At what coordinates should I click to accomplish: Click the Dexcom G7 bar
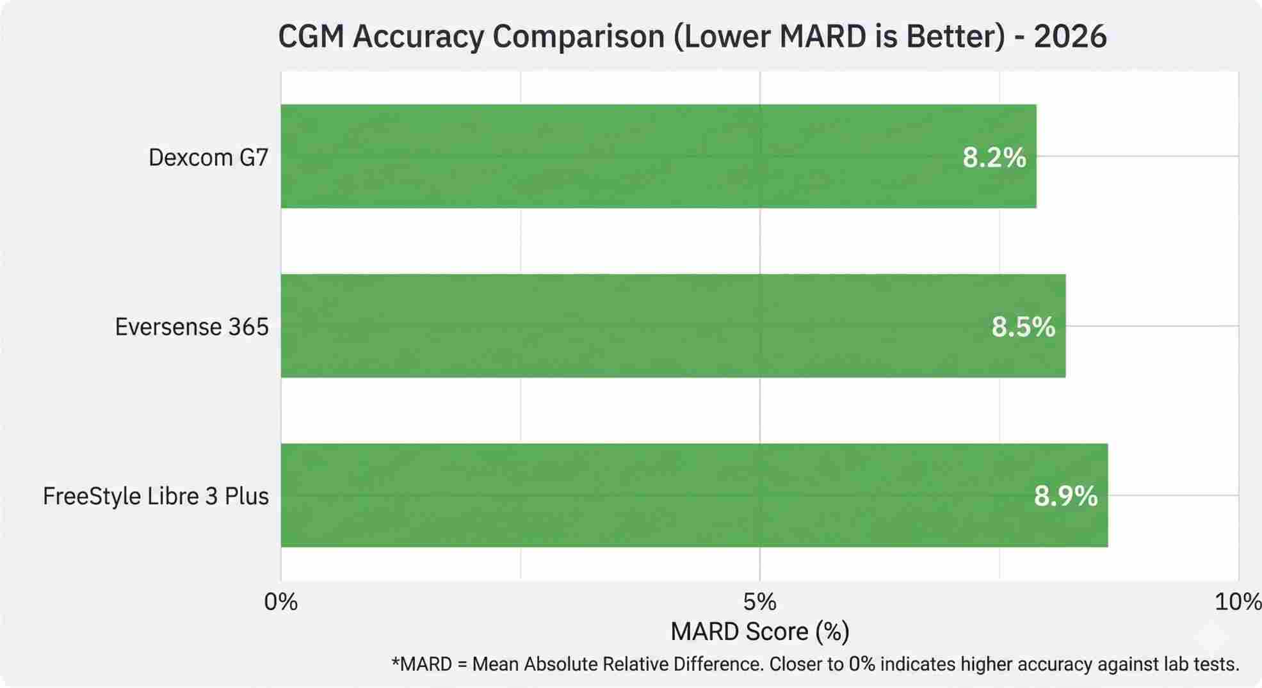pyautogui.click(x=658, y=156)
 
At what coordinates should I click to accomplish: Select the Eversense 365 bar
pyautogui.click(x=672, y=326)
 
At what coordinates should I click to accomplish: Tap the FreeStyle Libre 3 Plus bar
pyautogui.click(x=694, y=495)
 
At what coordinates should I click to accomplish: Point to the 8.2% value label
pyautogui.click(x=994, y=157)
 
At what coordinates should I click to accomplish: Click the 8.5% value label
pyautogui.click(x=1023, y=327)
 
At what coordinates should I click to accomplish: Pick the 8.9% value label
pyautogui.click(x=1065, y=496)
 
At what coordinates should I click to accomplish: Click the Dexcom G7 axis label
pyautogui.click(x=208, y=157)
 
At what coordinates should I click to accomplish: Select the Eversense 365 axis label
pyautogui.click(x=191, y=327)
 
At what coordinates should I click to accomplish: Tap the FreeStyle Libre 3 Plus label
pyautogui.click(x=156, y=496)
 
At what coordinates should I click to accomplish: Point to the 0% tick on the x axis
pyautogui.click(x=280, y=602)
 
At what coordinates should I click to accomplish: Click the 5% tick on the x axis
pyautogui.click(x=759, y=602)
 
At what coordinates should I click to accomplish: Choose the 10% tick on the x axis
pyautogui.click(x=1237, y=602)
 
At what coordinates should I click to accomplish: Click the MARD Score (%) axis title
pyautogui.click(x=759, y=632)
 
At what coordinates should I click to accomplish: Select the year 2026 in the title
pyautogui.click(x=1070, y=36)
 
